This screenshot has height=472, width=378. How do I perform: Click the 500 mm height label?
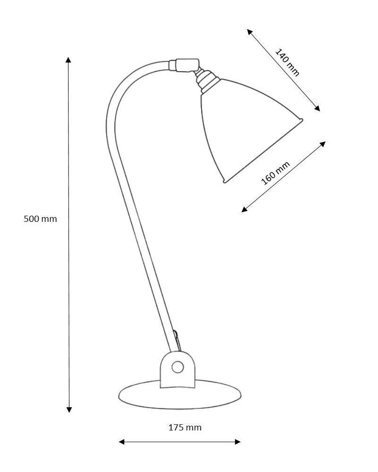tap(40, 219)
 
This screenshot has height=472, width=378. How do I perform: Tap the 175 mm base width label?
tap(185, 428)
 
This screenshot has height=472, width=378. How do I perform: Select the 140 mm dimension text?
tap(287, 62)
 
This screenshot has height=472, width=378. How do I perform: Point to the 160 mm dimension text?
tap(275, 173)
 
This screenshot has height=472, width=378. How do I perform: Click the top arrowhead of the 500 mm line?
tap(69, 60)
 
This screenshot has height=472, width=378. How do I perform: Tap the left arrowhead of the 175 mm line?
tap(121, 442)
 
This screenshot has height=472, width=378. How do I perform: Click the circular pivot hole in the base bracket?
tap(178, 367)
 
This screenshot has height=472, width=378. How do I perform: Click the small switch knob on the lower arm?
tap(176, 336)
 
